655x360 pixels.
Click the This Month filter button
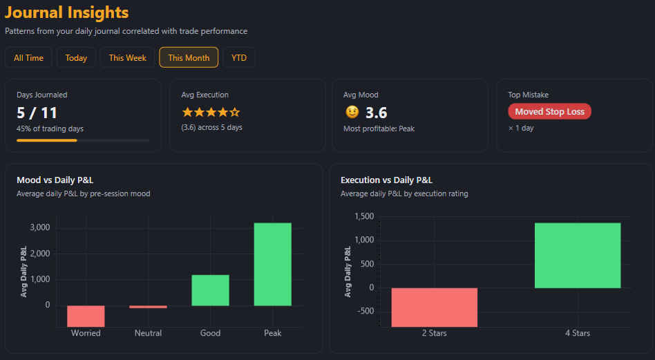click(189, 58)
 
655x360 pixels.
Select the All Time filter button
click(28, 58)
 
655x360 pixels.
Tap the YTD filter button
click(239, 58)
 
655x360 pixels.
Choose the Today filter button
click(76, 58)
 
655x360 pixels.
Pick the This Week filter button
click(127, 58)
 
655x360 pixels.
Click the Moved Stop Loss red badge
click(549, 112)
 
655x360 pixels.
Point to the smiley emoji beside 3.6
click(352, 112)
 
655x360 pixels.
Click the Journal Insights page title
click(66, 12)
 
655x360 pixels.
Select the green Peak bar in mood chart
click(272, 264)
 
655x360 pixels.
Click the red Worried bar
click(86, 316)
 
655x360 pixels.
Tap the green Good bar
click(210, 290)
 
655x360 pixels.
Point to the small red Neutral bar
click(148, 307)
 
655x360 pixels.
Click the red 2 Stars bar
click(434, 307)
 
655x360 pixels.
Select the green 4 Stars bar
click(578, 255)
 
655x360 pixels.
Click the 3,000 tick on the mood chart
click(39, 227)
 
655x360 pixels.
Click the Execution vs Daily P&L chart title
click(386, 180)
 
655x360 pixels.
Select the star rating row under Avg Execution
click(211, 112)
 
